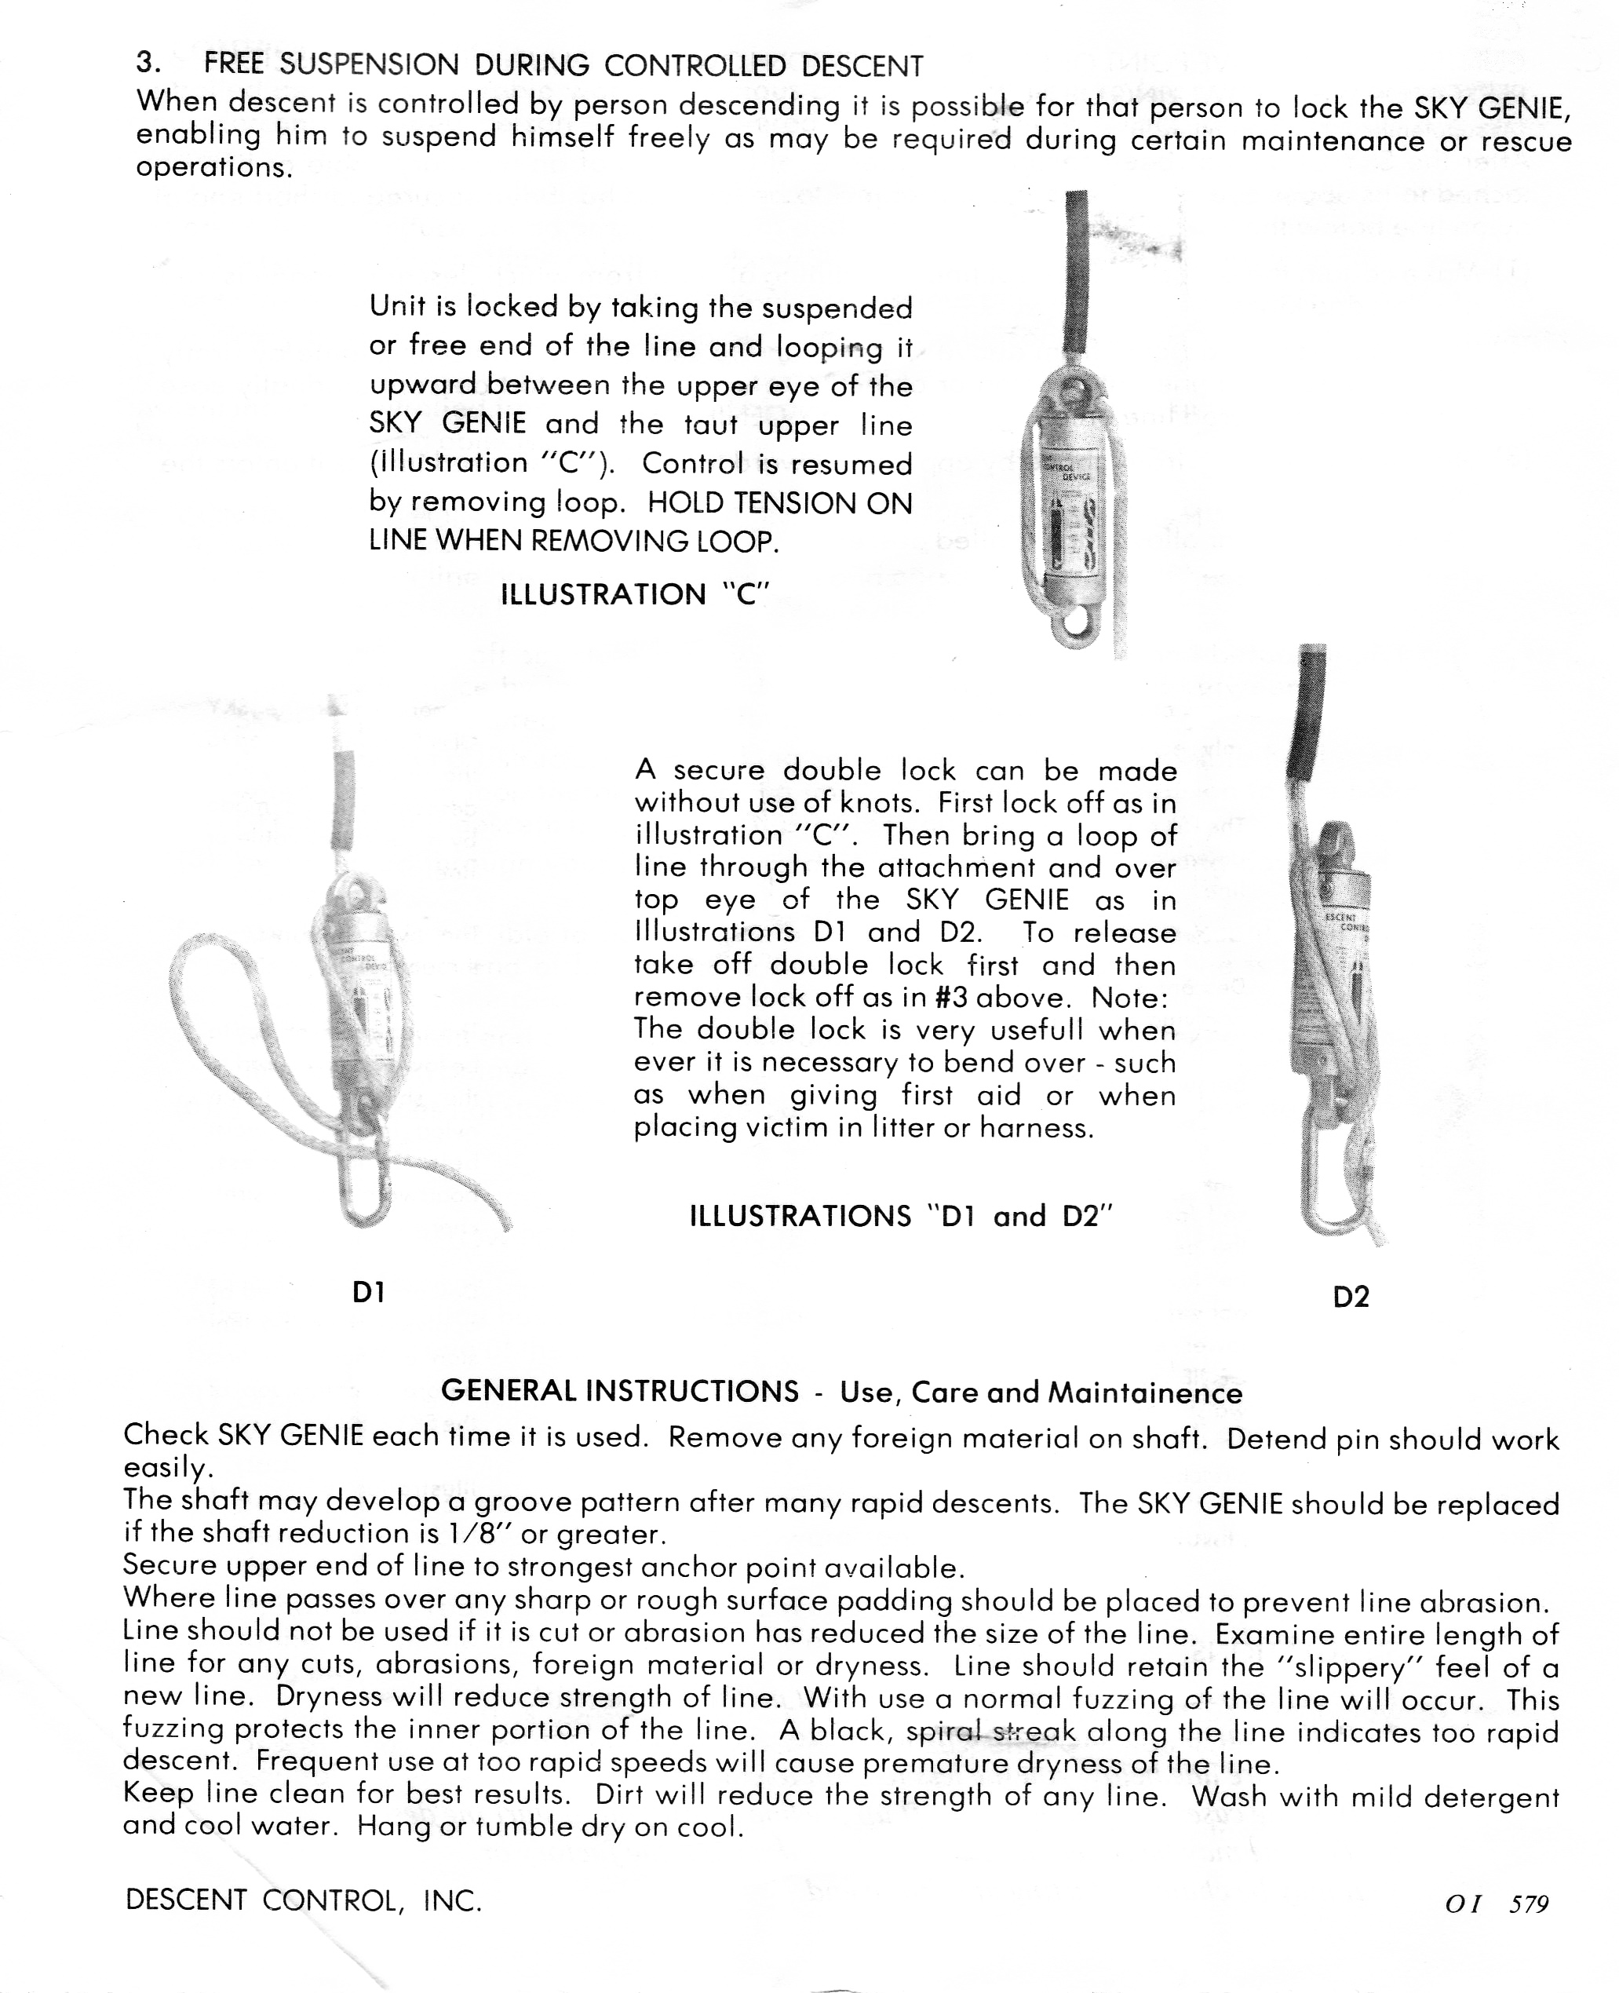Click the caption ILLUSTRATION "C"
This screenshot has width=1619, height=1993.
[x=634, y=594]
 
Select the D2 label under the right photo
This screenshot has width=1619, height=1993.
[x=1351, y=1296]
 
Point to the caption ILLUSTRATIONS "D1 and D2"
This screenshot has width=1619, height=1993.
[x=902, y=1216]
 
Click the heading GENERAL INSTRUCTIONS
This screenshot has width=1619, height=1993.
[x=619, y=1390]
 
